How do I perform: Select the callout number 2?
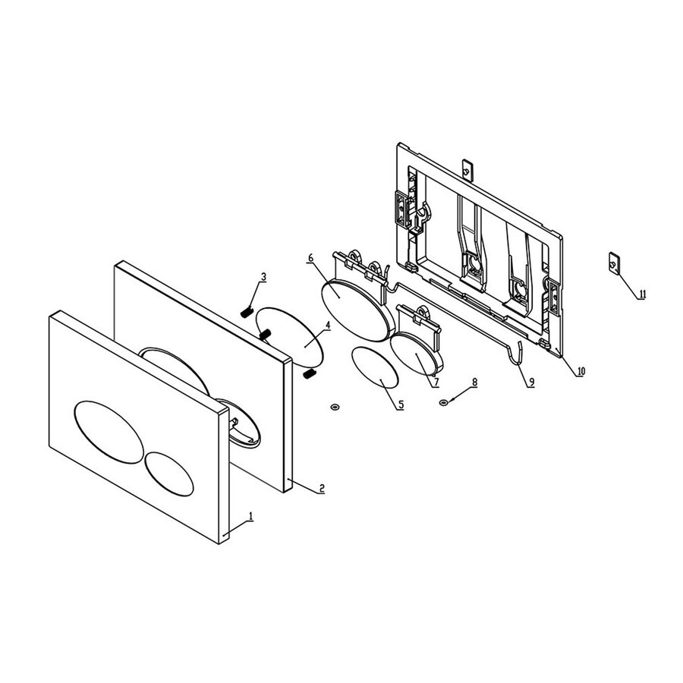(321, 488)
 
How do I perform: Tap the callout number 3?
(263, 277)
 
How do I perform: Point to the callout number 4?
(327, 325)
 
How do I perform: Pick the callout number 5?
(401, 405)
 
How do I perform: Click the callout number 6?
(311, 258)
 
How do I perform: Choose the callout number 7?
(436, 382)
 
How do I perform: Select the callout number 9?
(530, 382)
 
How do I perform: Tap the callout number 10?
(581, 371)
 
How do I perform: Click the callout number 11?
(642, 294)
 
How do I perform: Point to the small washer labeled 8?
(444, 402)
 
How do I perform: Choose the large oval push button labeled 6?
(354, 307)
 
